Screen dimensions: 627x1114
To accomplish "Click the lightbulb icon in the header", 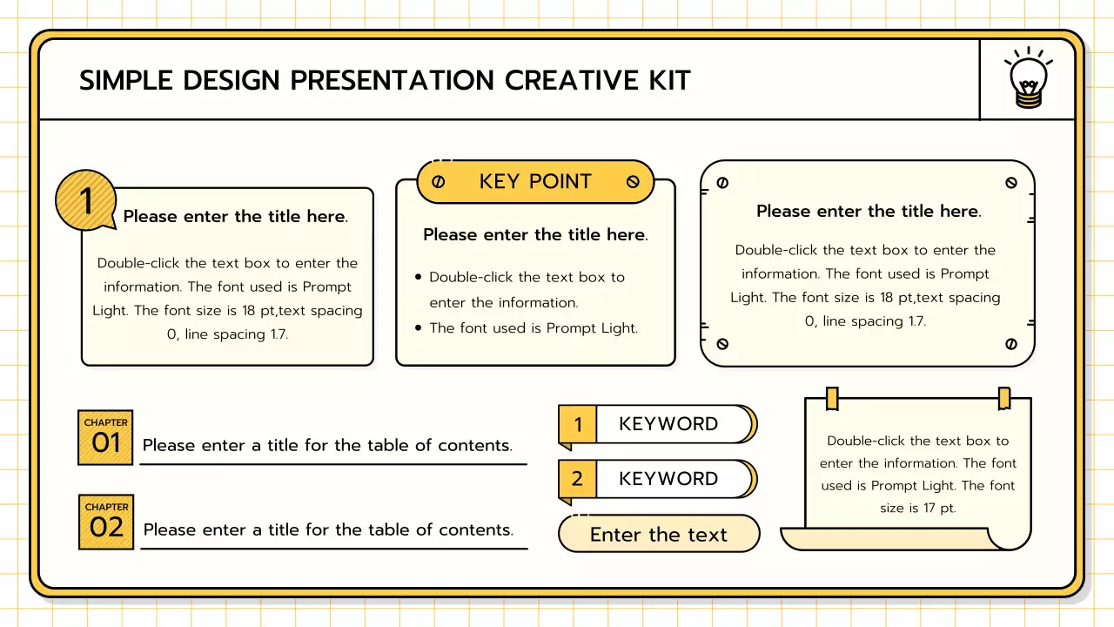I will click(1028, 79).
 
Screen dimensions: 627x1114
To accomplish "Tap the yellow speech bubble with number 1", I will click(85, 200).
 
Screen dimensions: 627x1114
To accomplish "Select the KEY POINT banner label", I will click(535, 181).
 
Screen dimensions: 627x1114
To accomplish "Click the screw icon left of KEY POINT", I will click(439, 182).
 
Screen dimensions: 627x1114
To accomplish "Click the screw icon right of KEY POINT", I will click(633, 182).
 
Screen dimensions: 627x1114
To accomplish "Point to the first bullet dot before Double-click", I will click(419, 277).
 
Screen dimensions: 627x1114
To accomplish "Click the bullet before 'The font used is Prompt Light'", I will click(419, 327).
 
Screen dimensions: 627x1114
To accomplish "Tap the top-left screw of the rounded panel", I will click(721, 183).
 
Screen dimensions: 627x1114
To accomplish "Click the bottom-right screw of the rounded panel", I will click(1010, 344).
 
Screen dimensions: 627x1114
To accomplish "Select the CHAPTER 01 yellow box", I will click(105, 437).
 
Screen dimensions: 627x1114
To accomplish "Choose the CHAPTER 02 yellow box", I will click(106, 522).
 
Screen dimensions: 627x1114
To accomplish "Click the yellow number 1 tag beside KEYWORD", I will click(577, 425).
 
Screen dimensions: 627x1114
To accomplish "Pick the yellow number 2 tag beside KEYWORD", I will click(577, 479).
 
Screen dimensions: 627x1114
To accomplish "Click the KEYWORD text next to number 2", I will click(668, 479).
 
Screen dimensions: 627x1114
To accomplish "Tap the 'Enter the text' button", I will click(658, 534).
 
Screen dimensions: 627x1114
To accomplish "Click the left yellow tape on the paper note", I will click(832, 398).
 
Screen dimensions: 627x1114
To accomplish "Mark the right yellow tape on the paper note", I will click(1004, 398).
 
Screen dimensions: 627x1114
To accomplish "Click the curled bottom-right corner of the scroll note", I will click(1010, 537).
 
